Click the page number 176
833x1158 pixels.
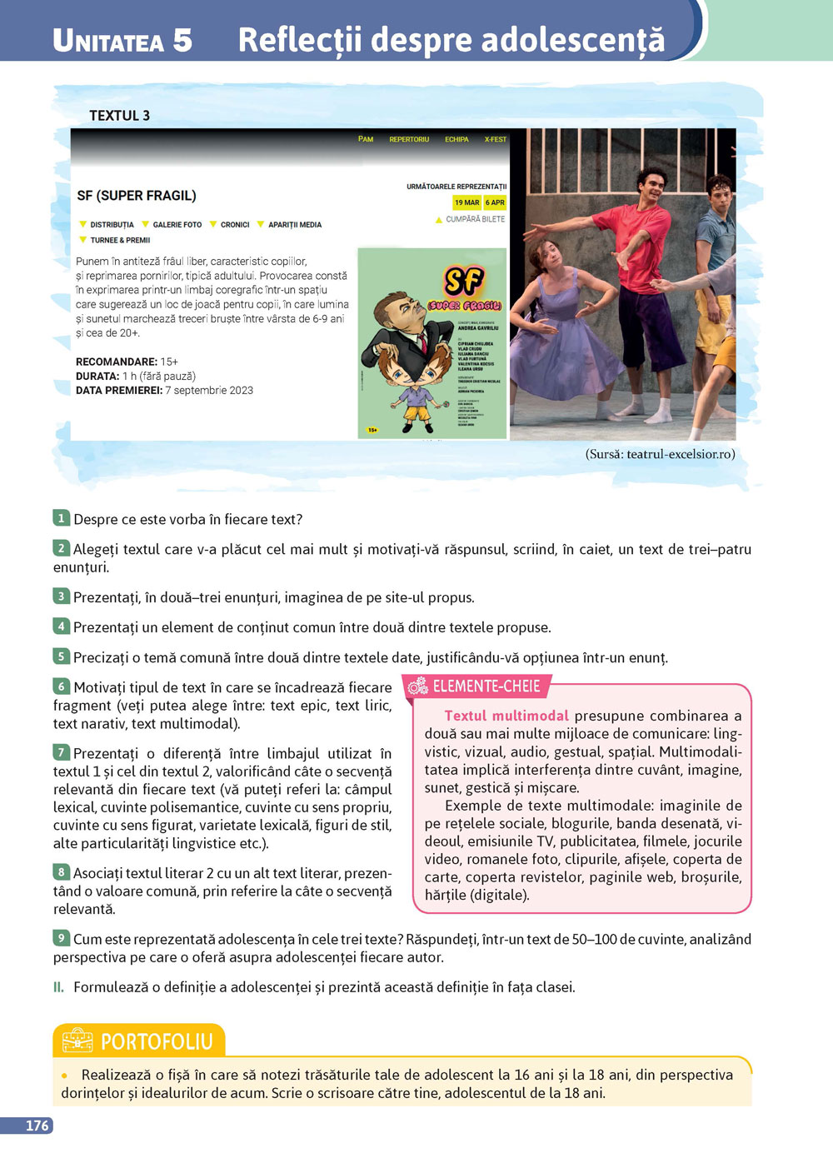[x=37, y=1126]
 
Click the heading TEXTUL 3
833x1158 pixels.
[x=119, y=116]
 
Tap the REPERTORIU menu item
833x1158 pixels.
[x=409, y=139]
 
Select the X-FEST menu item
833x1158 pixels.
[x=496, y=139]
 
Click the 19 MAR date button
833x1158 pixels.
[x=466, y=202]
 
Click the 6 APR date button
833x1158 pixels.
[x=495, y=202]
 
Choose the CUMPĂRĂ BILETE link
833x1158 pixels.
[x=475, y=219]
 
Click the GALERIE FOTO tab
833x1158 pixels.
[x=177, y=225]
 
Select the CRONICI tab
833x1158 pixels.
[x=235, y=225]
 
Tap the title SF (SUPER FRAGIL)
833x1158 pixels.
[x=137, y=196]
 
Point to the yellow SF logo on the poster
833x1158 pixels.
[x=464, y=281]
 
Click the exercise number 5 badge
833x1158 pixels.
[x=61, y=656]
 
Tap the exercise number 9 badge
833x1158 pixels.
[x=61, y=938]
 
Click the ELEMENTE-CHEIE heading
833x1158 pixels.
[x=486, y=686]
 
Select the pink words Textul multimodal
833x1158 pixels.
[x=506, y=716]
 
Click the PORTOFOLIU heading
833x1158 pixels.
[x=156, y=1041]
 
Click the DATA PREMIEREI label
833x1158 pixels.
[x=118, y=390]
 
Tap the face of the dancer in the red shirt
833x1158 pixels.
[x=649, y=182]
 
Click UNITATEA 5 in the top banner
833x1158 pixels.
[x=122, y=40]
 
